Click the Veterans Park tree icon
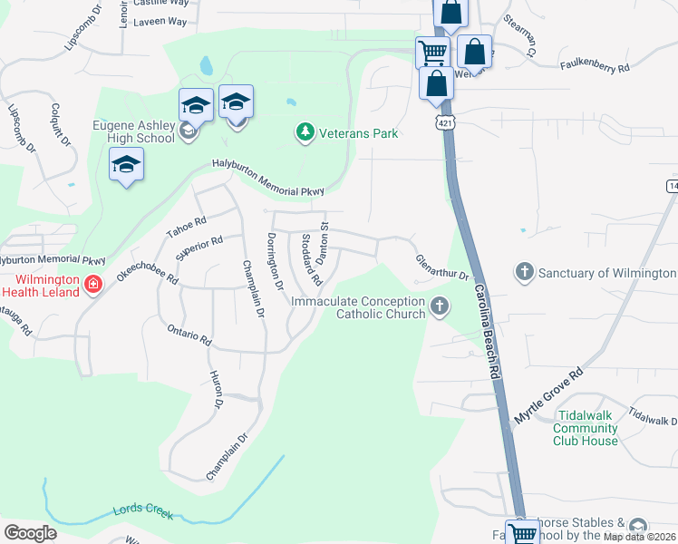click(305, 133)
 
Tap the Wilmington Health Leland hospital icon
click(92, 285)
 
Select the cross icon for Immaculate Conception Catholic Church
click(440, 306)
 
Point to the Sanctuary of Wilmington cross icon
click(524, 272)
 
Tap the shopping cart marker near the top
click(432, 52)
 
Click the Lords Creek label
click(142, 512)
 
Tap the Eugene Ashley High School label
click(133, 131)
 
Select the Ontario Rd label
click(189, 335)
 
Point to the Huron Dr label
click(216, 390)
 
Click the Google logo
click(30, 532)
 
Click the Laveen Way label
click(160, 21)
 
